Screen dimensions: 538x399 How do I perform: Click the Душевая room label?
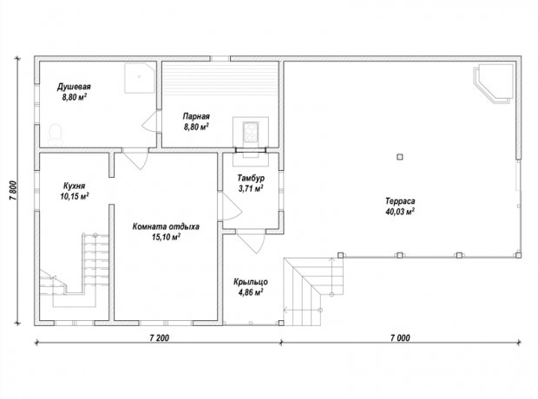point(74,87)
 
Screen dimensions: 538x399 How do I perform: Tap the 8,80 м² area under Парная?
point(196,127)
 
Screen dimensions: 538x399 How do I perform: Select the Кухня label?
point(74,186)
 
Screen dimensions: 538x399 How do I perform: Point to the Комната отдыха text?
point(166,226)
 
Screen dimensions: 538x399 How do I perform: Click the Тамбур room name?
point(251,178)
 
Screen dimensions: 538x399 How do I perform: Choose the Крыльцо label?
point(251,282)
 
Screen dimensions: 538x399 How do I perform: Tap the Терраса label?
point(400,201)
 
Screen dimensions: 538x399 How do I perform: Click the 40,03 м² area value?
point(400,212)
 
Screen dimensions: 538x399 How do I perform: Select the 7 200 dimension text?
point(160,338)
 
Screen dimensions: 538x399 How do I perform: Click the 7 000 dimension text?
point(400,338)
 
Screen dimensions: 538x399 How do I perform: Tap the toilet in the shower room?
point(56,134)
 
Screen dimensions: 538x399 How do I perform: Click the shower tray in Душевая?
point(140,78)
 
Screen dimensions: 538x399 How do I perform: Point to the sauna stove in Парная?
point(251,132)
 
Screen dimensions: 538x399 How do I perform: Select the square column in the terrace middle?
point(399,157)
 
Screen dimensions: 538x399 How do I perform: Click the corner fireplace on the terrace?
point(494,83)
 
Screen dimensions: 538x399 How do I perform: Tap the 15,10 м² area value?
point(166,237)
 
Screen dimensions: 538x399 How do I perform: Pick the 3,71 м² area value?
point(251,188)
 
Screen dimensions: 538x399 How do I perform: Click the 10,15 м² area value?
point(75,197)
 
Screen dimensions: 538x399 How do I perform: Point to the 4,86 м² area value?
point(251,292)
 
